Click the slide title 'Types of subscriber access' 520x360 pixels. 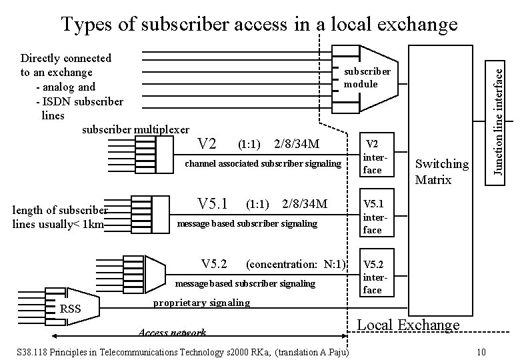point(259,25)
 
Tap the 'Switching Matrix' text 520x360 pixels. point(442,171)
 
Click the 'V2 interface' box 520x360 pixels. point(373,157)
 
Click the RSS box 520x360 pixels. point(71,308)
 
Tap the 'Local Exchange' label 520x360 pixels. point(409,325)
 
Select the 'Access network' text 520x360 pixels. point(172,333)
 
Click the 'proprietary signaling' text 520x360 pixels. point(201,303)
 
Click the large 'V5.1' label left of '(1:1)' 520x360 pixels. point(213,203)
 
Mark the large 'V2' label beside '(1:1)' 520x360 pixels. point(208,144)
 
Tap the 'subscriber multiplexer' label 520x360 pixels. point(135,129)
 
